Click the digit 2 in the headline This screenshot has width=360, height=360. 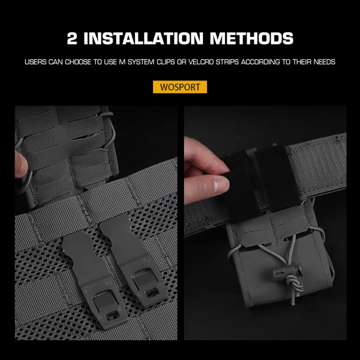point(72,38)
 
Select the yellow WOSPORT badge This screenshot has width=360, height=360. point(180,87)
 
